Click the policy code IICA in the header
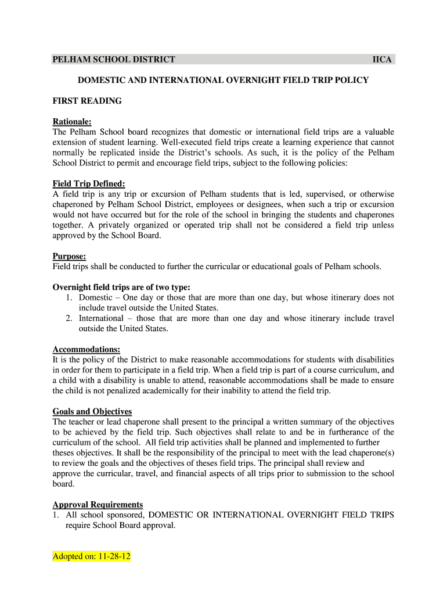click(x=382, y=60)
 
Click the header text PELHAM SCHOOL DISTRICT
click(x=114, y=60)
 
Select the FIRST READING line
click(x=87, y=101)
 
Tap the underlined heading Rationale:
click(x=72, y=122)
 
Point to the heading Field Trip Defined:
click(x=89, y=184)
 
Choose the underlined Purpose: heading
click(x=69, y=256)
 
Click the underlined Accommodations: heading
click(x=86, y=349)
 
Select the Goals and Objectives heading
click(x=92, y=412)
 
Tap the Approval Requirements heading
click(x=98, y=505)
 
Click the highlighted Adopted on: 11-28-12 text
click(x=92, y=557)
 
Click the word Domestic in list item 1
click(x=96, y=298)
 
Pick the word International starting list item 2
click(x=101, y=318)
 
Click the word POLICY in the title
click(x=349, y=80)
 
